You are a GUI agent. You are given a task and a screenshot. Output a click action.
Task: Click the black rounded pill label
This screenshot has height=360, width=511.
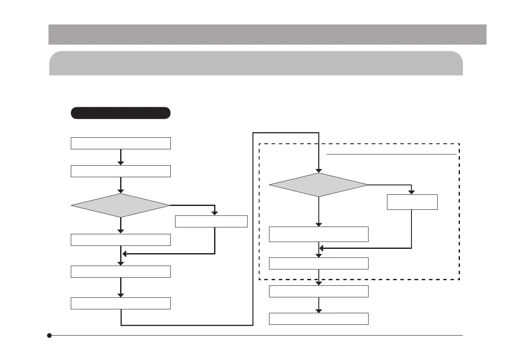click(x=121, y=113)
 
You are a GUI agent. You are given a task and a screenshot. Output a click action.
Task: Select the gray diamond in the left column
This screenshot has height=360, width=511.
click(x=121, y=206)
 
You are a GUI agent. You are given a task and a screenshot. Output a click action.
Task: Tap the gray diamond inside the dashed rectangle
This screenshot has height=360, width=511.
click(x=318, y=185)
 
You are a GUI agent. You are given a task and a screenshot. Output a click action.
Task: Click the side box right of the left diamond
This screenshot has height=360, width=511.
click(x=212, y=221)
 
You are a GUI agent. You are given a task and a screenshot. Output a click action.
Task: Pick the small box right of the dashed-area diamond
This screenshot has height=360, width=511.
click(x=412, y=202)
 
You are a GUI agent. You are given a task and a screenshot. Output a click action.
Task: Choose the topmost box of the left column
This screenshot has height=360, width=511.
click(x=121, y=143)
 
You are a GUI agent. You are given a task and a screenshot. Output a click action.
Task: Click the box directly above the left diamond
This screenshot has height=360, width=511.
click(x=121, y=171)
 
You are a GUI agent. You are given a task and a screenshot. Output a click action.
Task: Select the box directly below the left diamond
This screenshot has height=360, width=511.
click(x=121, y=239)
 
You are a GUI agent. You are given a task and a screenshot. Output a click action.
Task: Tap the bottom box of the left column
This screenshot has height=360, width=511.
click(x=121, y=303)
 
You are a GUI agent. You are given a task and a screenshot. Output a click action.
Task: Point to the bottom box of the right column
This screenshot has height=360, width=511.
click(x=318, y=319)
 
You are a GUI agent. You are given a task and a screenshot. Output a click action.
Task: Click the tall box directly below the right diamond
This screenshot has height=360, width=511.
click(x=318, y=234)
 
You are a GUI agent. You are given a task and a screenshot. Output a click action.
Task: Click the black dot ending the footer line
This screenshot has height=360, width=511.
click(x=50, y=335)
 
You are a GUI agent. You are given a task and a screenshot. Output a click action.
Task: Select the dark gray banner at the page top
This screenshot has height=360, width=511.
click(x=267, y=34)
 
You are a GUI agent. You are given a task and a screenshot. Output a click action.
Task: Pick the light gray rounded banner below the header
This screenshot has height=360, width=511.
click(x=256, y=64)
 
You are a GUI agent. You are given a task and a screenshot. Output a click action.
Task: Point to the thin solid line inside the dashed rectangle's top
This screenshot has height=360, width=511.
click(x=391, y=153)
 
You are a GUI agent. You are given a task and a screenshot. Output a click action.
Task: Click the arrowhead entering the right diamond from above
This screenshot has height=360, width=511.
click(x=318, y=170)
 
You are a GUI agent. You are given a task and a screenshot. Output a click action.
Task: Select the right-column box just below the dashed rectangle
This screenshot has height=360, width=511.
click(x=318, y=291)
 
